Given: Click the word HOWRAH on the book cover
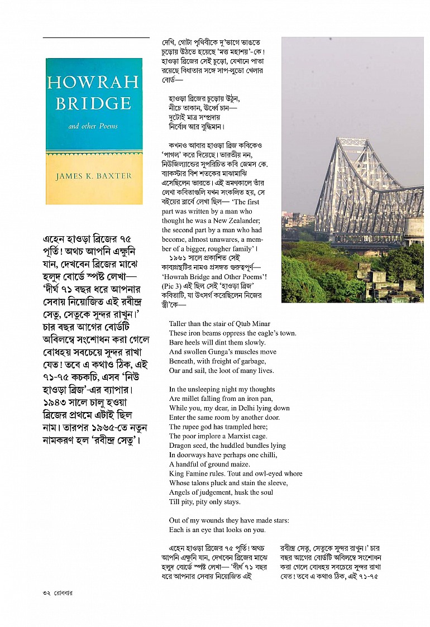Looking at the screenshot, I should click(93, 83).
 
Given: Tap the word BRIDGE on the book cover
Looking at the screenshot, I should click(93, 103).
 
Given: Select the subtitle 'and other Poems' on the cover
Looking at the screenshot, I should click(93, 127).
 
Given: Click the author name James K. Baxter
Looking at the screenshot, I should click(93, 176).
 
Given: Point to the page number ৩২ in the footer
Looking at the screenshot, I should click(46, 592).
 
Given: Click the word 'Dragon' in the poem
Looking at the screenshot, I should click(181, 446).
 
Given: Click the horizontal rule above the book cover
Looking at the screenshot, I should click(96, 37).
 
